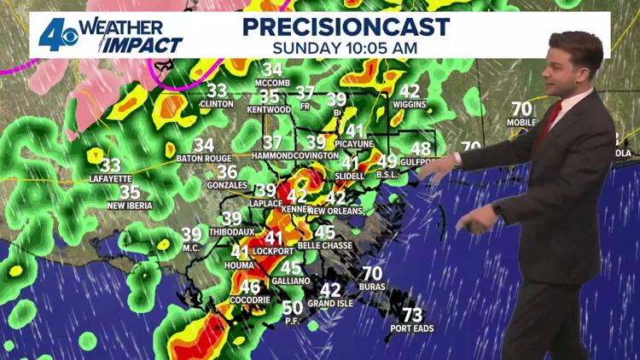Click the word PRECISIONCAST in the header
click(345, 26)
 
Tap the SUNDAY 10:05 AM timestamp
click(345, 48)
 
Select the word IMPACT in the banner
click(142, 45)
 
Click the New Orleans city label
click(335, 210)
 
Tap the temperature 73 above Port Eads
click(412, 315)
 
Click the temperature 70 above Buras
click(371, 274)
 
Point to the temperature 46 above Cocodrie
click(250, 287)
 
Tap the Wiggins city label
click(410, 104)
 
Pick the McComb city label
click(273, 83)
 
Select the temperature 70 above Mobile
click(522, 109)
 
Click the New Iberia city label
click(130, 205)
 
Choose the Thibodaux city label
click(232, 231)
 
